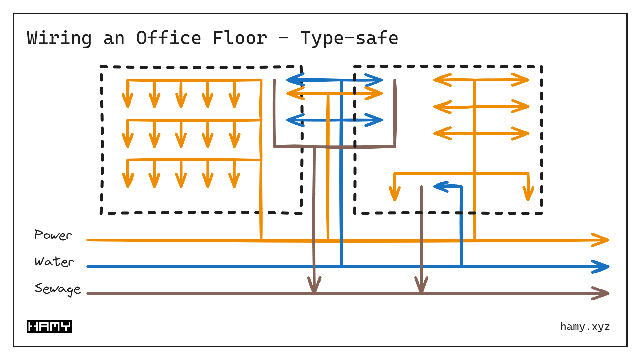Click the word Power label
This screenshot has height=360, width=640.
(x=53, y=235)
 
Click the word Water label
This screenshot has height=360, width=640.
(x=54, y=262)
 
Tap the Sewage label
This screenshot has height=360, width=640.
(x=57, y=289)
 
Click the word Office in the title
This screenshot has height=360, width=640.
(x=168, y=38)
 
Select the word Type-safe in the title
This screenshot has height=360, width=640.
(x=349, y=38)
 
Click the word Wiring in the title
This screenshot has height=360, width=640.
(x=59, y=38)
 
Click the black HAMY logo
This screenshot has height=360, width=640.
(x=49, y=326)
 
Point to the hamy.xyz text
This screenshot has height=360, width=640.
(x=585, y=327)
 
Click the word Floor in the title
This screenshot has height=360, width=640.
(x=240, y=38)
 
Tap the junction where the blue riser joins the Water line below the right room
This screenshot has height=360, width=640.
(x=461, y=266)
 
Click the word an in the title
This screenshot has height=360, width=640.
(x=114, y=38)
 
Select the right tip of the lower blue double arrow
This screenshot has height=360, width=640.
(x=381, y=120)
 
